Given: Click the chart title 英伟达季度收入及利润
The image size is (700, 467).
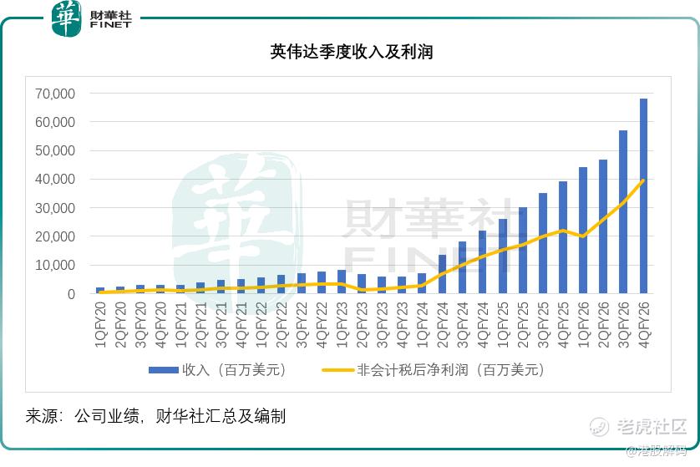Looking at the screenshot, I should tap(351, 53).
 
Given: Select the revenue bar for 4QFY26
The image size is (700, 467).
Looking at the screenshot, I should tap(643, 196).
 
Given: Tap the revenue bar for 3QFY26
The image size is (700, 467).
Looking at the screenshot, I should tap(623, 212).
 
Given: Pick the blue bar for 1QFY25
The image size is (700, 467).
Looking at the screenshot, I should tap(503, 256).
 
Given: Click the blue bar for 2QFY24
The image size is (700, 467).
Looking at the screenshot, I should tap(443, 274).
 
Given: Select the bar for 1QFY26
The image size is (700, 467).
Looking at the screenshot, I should tap(583, 231).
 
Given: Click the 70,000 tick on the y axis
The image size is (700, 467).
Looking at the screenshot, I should tap(55, 94).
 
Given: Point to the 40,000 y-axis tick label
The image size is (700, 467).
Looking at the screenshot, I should tap(55, 180).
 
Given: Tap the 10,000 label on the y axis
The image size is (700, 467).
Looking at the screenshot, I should tap(55, 266).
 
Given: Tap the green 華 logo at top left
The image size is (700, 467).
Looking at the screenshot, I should tap(67, 18).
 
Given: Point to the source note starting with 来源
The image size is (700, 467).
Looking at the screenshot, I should tap(155, 416).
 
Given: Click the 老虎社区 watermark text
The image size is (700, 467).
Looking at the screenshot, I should tap(651, 426).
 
